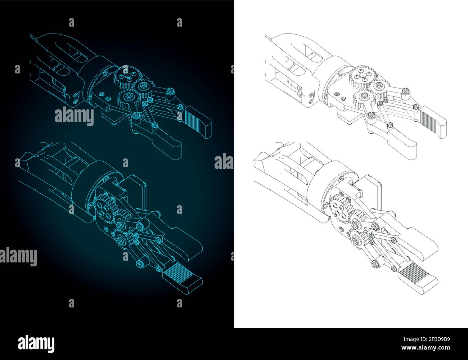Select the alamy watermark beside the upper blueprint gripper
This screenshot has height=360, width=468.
74,116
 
